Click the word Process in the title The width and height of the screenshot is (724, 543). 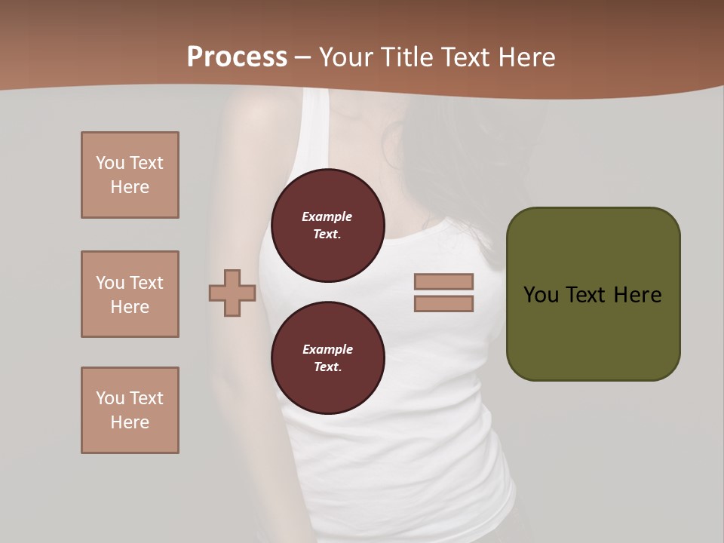[x=237, y=57]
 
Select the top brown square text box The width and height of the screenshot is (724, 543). [x=130, y=175]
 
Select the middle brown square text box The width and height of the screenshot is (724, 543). [x=130, y=294]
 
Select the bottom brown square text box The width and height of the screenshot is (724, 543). [x=130, y=410]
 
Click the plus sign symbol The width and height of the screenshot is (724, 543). [x=232, y=293]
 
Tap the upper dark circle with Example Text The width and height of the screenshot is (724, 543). [x=327, y=225]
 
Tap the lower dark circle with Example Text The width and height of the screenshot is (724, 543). [x=327, y=358]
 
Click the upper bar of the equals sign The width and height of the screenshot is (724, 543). [x=443, y=282]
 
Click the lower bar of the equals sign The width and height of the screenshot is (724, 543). [x=443, y=304]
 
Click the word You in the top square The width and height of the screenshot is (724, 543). [x=109, y=163]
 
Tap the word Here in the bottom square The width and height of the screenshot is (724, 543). [x=130, y=422]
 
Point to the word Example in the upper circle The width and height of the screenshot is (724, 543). [x=327, y=216]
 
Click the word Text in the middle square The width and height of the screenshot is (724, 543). [x=146, y=283]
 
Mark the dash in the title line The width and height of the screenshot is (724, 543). [x=303, y=57]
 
